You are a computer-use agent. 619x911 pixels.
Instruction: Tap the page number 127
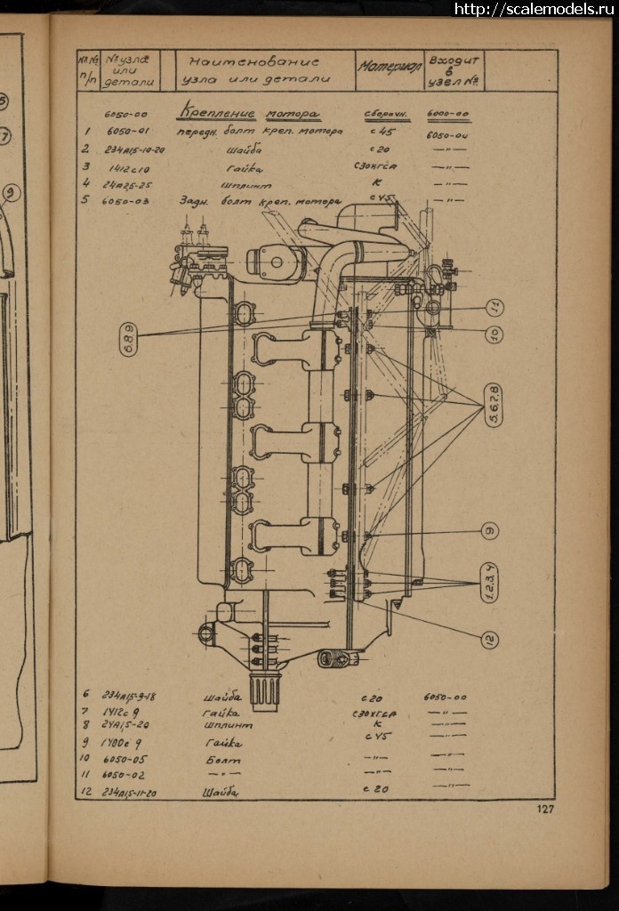click(x=545, y=809)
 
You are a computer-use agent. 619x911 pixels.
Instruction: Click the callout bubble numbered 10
click(x=495, y=334)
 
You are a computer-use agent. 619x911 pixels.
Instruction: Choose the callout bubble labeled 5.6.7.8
click(x=494, y=405)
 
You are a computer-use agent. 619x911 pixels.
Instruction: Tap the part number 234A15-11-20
click(x=137, y=792)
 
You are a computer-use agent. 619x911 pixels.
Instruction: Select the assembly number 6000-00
click(x=447, y=114)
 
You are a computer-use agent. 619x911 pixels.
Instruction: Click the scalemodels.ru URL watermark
click(x=535, y=9)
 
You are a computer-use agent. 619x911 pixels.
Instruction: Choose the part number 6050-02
click(x=125, y=774)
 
